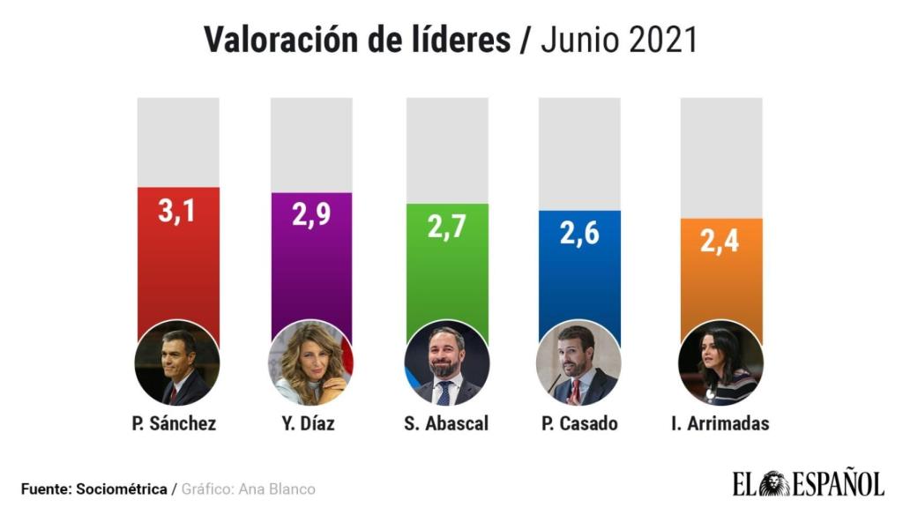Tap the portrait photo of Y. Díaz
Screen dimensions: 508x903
point(310,362)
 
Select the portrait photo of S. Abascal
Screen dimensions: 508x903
point(445,362)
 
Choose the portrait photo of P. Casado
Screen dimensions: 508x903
point(578,362)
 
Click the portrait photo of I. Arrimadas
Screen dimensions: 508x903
point(720,362)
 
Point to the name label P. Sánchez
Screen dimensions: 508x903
point(176,424)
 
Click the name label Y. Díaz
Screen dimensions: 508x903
point(310,424)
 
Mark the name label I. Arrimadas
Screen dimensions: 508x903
point(720,424)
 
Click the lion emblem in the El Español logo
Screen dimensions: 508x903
point(775,483)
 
